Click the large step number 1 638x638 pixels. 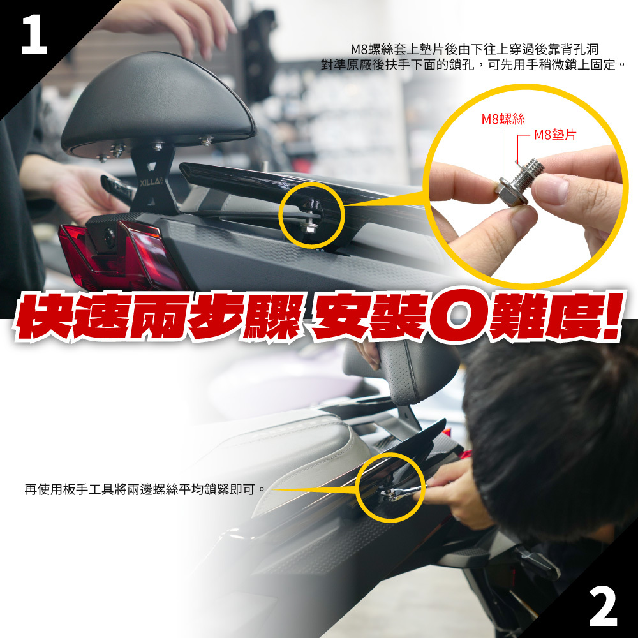(34, 34)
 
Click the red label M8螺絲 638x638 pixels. (503, 119)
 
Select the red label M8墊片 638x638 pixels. (555, 135)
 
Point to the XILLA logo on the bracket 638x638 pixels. (151, 182)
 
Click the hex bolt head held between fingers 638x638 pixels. (510, 192)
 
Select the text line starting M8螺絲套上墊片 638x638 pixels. (475, 49)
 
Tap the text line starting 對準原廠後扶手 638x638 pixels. (473, 64)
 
